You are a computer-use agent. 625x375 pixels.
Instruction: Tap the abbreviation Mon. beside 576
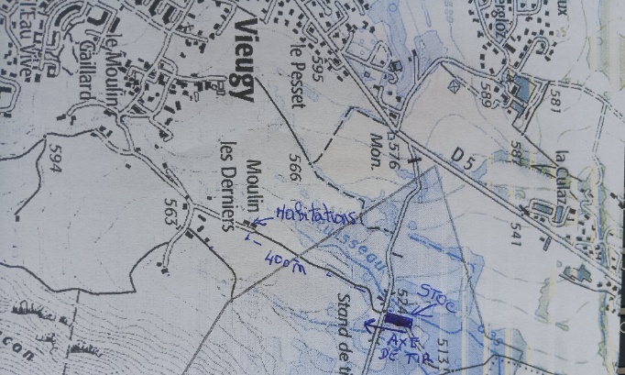375,142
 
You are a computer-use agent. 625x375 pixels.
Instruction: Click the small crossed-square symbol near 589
453,83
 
